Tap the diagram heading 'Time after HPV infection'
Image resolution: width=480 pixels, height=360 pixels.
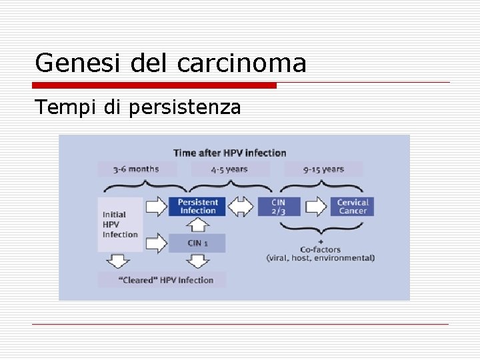pos(229,153)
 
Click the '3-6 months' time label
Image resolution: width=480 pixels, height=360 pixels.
pos(136,169)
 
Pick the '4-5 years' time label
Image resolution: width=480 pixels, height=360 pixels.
pos(229,169)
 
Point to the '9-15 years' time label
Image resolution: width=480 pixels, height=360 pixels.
pos(323,169)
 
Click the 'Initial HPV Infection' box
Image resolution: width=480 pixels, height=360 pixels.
pos(120,224)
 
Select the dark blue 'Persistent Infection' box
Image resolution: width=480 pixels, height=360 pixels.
pos(198,207)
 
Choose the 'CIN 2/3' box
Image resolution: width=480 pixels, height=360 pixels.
pos(279,207)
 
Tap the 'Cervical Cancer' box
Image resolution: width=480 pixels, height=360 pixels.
pos(353,207)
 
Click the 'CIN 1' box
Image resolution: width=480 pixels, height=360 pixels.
pos(197,243)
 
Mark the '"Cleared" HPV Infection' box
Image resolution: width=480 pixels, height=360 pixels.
pos(162,280)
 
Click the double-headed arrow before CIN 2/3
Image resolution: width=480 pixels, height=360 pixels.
pos(241,207)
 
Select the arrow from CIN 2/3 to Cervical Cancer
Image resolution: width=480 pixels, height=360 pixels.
pos(315,207)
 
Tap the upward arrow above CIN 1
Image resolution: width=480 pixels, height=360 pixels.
pos(198,225)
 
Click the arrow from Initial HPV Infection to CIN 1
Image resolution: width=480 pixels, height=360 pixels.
pos(157,243)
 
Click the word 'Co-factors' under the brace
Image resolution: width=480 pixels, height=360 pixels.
pos(321,249)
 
